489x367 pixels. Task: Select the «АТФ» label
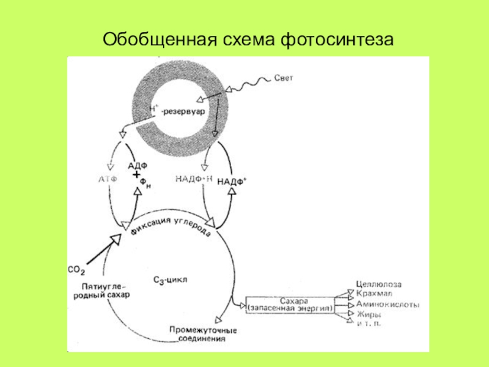pyautogui.click(x=107, y=178)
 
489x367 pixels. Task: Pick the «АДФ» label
pyautogui.click(x=138, y=165)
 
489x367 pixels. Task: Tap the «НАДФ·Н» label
pyautogui.click(x=193, y=179)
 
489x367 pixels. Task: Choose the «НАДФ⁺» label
pyautogui.click(x=232, y=181)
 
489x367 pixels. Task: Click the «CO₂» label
pyautogui.click(x=76, y=269)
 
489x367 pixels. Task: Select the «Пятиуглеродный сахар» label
pyautogui.click(x=105, y=289)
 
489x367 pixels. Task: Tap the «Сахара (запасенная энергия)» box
pyautogui.click(x=290, y=305)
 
